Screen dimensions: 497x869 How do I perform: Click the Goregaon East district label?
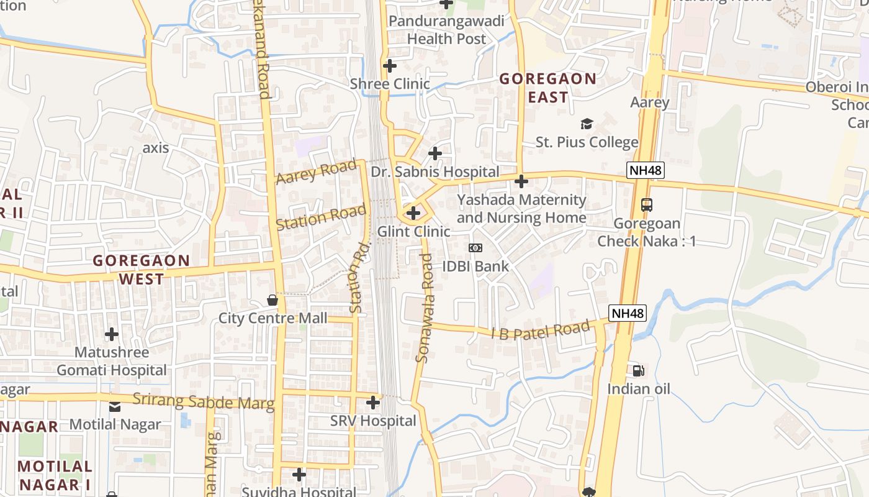click(547, 88)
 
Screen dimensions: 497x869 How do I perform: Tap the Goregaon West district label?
click(142, 269)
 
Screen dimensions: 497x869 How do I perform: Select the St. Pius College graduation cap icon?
click(587, 124)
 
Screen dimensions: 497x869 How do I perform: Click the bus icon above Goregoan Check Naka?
click(646, 204)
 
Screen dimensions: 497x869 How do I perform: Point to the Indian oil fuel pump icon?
click(638, 371)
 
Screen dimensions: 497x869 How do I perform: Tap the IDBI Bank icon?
click(475, 248)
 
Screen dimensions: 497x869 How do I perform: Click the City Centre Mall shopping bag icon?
click(272, 301)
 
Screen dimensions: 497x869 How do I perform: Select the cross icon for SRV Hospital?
click(373, 403)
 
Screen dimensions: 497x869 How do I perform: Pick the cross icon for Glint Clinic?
click(413, 213)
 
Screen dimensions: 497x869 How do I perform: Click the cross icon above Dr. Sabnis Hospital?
click(435, 153)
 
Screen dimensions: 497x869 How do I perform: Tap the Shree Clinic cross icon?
click(390, 65)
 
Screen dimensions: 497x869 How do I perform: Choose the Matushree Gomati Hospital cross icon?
click(112, 334)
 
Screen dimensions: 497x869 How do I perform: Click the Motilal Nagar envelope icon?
click(115, 407)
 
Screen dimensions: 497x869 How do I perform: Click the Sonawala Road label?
click(426, 316)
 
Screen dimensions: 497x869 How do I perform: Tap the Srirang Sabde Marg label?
click(203, 402)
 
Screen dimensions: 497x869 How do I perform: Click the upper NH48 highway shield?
click(646, 170)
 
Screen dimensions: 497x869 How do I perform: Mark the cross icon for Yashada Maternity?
click(521, 181)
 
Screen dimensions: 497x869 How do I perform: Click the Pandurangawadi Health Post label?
click(446, 30)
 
